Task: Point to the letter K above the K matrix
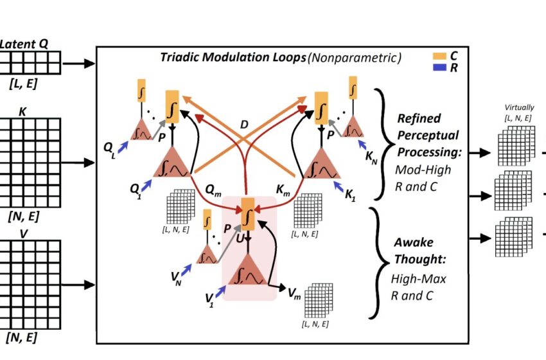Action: click(x=23, y=111)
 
